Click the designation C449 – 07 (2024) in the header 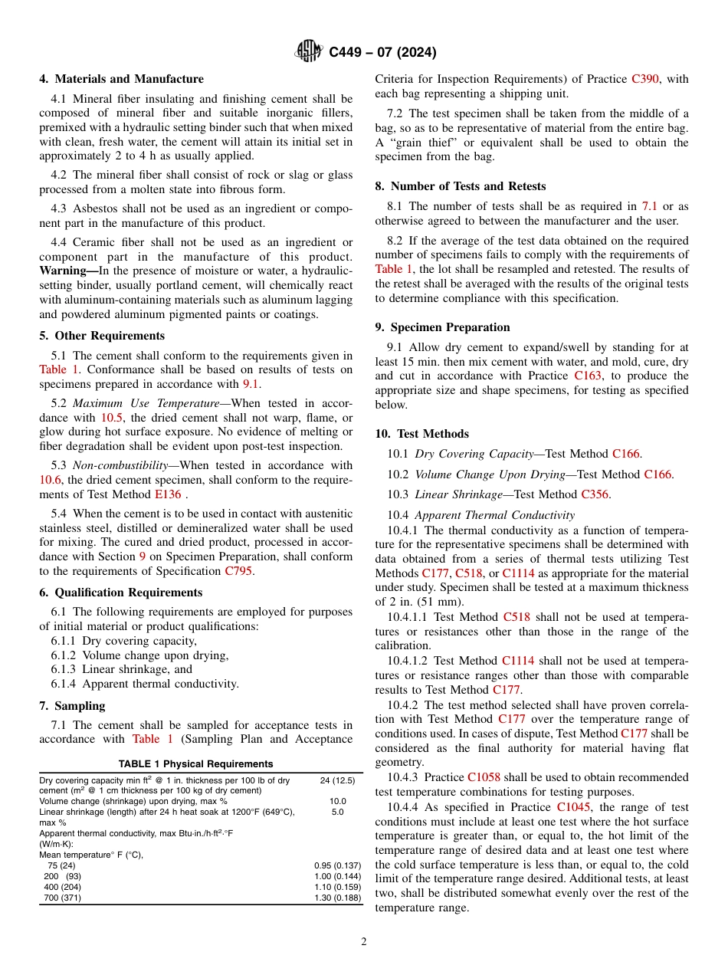tap(382, 52)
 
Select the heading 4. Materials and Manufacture tap(122, 79)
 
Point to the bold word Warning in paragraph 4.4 tap(63, 271)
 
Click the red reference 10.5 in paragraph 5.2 tap(111, 418)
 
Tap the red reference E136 tap(168, 494)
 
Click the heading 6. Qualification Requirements tap(121, 593)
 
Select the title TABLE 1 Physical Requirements tap(195, 764)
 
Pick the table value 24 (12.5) tap(337, 780)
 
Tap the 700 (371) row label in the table tap(62, 898)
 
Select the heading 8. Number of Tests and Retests tap(461, 186)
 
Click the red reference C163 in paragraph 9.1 tap(588, 376)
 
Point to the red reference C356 tap(595, 494)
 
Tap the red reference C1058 tap(484, 777)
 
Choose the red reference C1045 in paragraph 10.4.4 tap(573, 807)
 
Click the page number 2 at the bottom tap(364, 942)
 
